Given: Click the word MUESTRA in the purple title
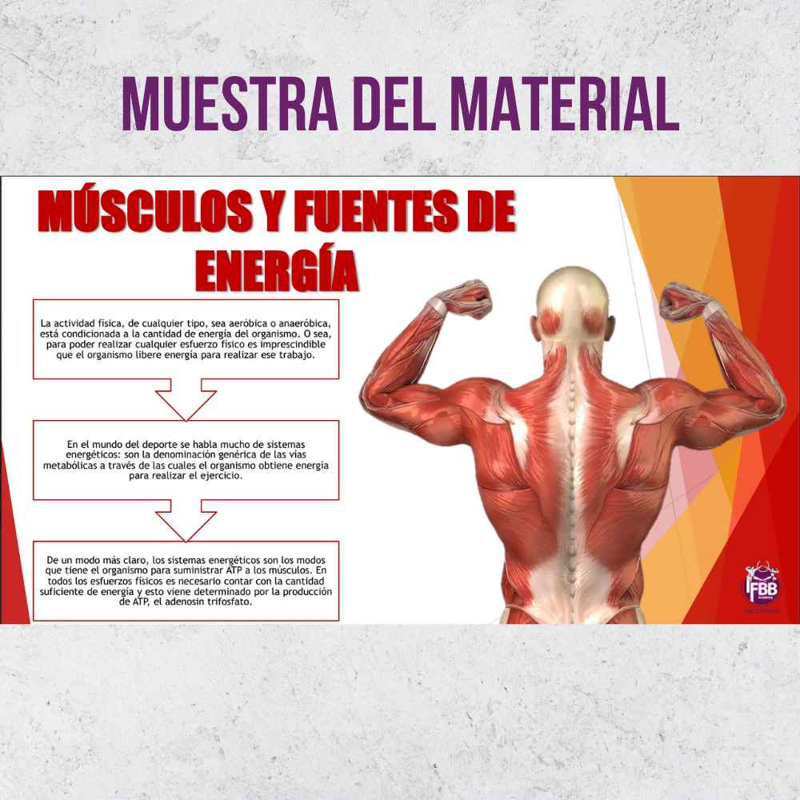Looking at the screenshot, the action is click(x=230, y=103).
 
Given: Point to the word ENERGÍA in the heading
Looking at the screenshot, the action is click(x=277, y=271).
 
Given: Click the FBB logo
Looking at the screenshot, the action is click(x=762, y=586).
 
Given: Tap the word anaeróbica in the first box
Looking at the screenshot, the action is click(x=304, y=323).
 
